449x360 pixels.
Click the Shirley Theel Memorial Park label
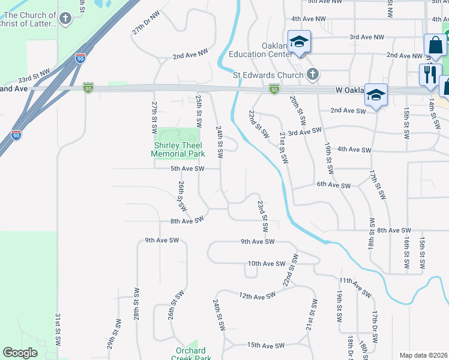coord(179,149)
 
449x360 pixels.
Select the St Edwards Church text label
coord(268,75)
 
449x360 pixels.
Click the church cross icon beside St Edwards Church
coord(312,75)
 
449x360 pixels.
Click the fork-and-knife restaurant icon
coord(430,74)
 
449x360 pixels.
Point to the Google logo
coord(20,353)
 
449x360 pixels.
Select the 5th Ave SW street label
coord(187,169)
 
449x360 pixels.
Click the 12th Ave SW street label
coord(256,295)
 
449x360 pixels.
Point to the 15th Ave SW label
coord(266,346)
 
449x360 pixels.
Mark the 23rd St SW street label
coord(262,217)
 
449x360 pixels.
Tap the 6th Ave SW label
coord(334,186)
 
